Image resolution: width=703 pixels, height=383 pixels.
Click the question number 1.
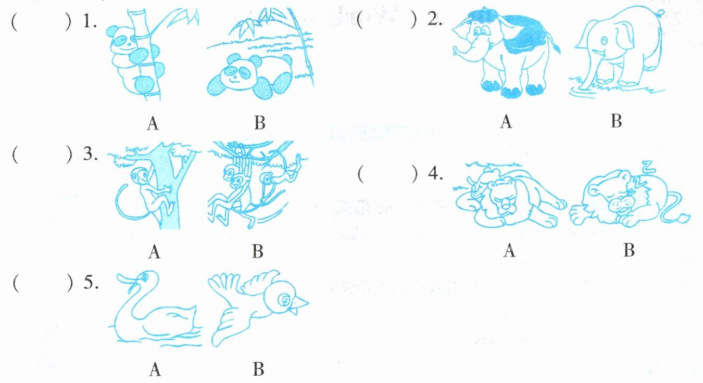pos(90,22)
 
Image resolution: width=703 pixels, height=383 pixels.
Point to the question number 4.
pos(436,173)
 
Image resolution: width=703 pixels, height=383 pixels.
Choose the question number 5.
pos(91,283)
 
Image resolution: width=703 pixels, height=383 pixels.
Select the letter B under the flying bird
pos(259,369)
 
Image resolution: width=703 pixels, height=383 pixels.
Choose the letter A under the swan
pos(155,370)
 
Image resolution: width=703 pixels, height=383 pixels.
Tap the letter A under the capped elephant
pos(506,122)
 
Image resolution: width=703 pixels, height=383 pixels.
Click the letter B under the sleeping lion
pos(629,250)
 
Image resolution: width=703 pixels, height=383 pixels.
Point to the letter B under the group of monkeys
pos(258,251)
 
